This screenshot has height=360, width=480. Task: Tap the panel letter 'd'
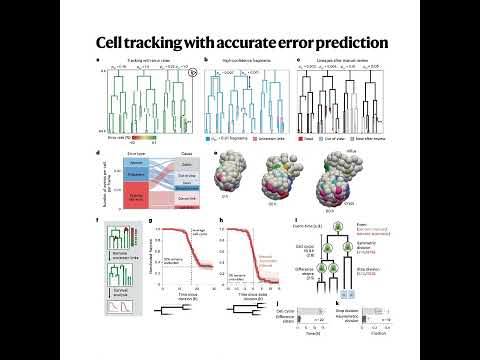(97, 153)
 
